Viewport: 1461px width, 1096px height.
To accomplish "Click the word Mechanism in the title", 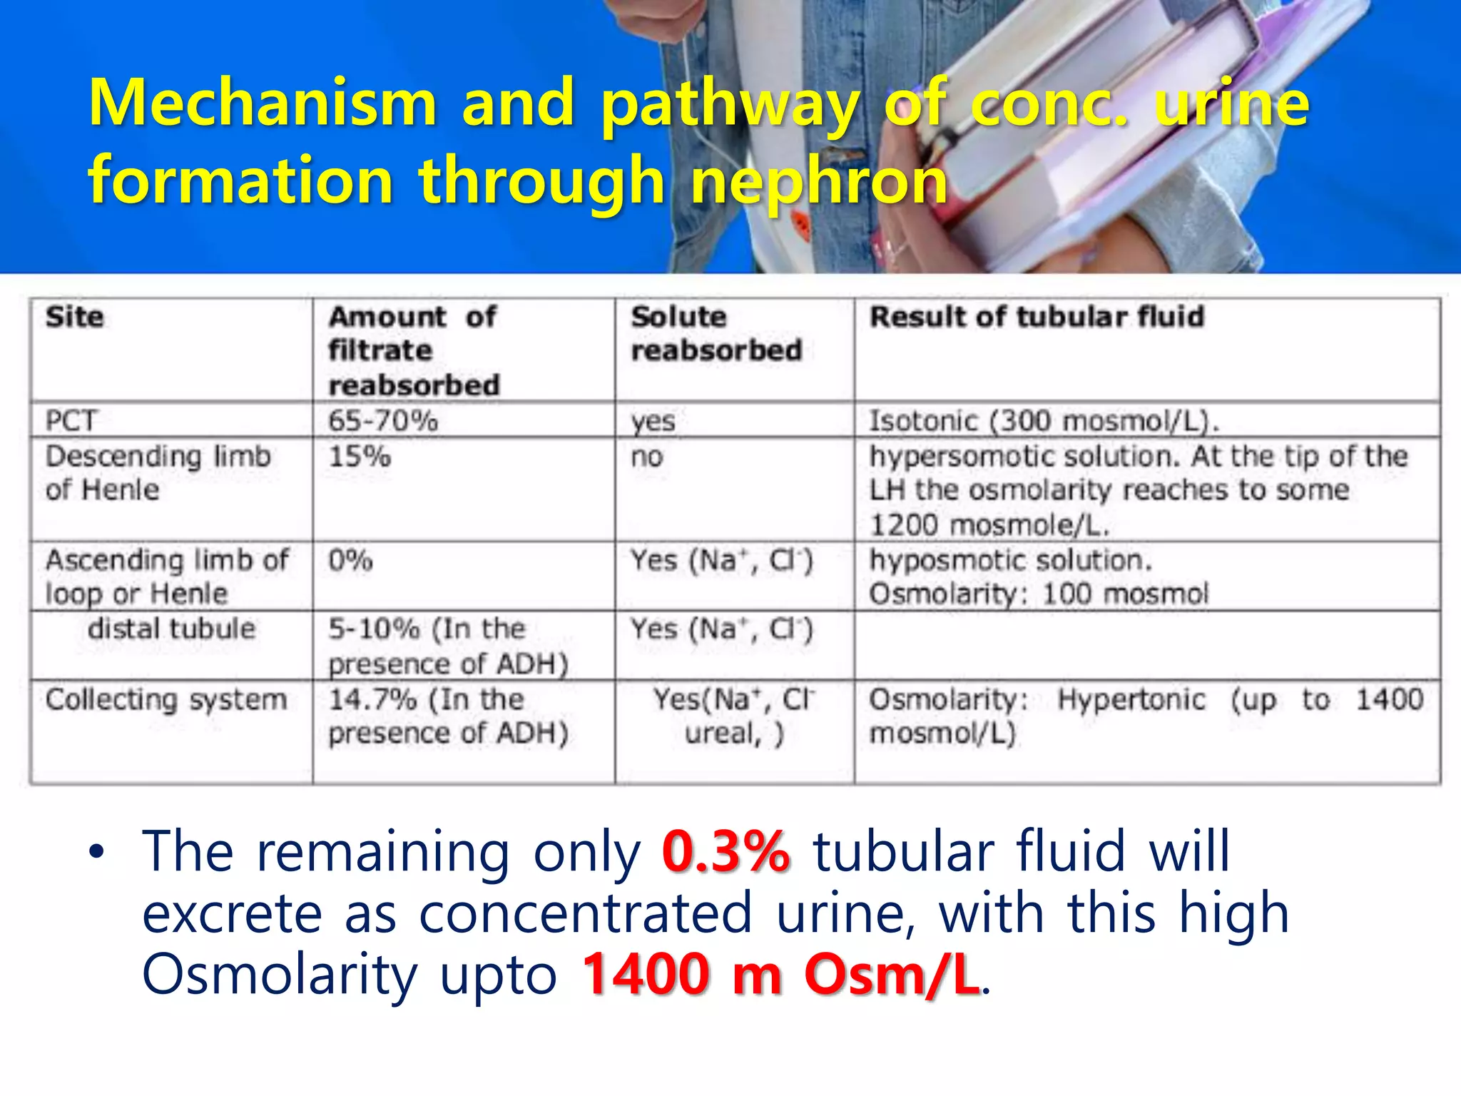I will [x=262, y=103].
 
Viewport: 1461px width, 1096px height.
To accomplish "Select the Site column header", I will [x=75, y=317].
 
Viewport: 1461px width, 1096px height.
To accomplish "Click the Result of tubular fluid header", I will [x=1037, y=317].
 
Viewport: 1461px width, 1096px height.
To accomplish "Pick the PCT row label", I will [x=71, y=421].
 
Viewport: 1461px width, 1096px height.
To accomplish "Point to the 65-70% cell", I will [x=383, y=421].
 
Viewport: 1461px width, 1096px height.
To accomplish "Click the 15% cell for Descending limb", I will [x=360, y=457].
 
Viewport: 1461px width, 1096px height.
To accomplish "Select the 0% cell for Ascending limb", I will [x=350, y=561].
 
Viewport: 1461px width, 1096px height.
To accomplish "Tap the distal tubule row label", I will [x=171, y=629].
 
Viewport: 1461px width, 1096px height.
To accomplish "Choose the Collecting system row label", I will [x=166, y=699].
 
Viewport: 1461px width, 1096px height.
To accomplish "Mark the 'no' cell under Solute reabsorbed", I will [x=647, y=457].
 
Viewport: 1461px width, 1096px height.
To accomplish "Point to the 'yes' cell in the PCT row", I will [x=653, y=421].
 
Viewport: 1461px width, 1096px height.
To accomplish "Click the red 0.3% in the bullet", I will [x=726, y=851].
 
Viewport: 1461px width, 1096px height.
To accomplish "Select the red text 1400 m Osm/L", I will [x=780, y=975].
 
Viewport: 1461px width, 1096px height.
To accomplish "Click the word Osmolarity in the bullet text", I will [x=279, y=975].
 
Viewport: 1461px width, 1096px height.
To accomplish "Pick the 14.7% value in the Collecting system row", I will [x=372, y=699].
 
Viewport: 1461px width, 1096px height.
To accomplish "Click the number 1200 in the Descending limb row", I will [x=903, y=525].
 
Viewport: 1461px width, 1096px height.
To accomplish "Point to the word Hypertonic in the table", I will [x=1131, y=699].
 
